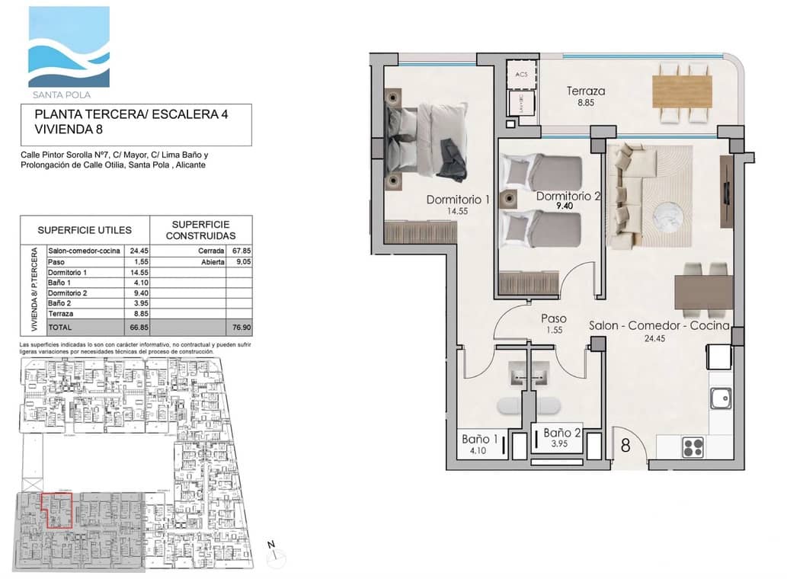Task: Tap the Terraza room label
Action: click(x=585, y=91)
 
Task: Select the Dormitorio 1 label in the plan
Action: click(x=457, y=200)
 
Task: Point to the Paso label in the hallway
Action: click(x=553, y=319)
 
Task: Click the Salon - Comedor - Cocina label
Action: click(x=659, y=326)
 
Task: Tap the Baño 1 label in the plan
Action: click(x=480, y=439)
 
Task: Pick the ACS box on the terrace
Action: click(x=521, y=75)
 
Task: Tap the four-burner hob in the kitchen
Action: click(x=693, y=447)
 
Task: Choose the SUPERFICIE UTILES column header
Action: click(x=85, y=229)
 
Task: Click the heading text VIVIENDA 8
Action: click(x=69, y=130)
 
